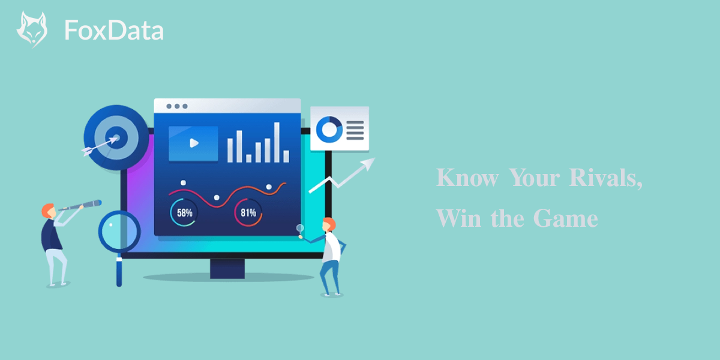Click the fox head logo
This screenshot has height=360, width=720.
coord(32,29)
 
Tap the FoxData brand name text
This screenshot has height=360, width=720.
coord(114,30)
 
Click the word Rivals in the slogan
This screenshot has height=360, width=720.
coord(605,178)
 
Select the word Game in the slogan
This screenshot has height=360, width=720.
coord(565,218)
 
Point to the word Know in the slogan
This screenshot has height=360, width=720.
coord(467,178)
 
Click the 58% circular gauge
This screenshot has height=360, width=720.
coord(184,212)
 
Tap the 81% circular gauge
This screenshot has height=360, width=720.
coord(248,212)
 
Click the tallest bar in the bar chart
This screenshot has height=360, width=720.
coord(277,142)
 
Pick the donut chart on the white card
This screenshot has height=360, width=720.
coord(329,130)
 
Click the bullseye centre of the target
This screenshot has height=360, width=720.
coord(116,138)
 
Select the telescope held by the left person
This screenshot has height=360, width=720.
coord(80,205)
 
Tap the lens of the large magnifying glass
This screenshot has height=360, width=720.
coord(119,232)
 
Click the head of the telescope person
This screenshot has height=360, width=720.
coord(49,211)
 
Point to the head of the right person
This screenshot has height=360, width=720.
coord(329,224)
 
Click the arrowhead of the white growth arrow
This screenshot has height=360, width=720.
coord(368,163)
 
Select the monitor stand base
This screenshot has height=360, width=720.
coord(227,269)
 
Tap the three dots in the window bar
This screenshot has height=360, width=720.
coord(177,106)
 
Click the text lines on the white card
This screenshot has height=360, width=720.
coord(355,130)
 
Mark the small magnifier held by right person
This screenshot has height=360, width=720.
coord(300,230)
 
